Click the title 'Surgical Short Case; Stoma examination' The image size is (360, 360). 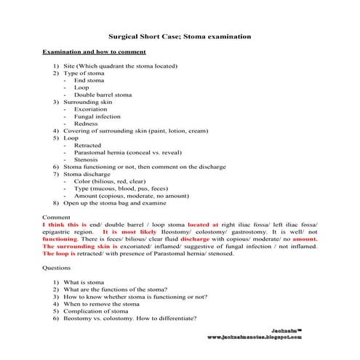point(180,35)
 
